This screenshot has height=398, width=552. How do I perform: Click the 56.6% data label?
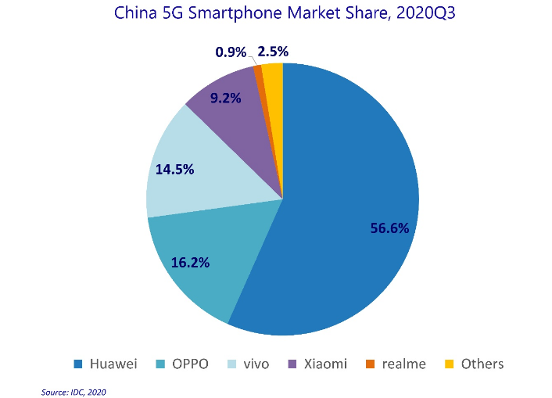coord(389,228)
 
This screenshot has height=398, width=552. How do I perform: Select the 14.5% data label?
coord(174,168)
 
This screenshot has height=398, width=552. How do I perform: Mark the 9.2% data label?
coord(225,99)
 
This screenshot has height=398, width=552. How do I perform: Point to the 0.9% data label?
coord(231,52)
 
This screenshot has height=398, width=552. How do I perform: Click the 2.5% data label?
coord(273,52)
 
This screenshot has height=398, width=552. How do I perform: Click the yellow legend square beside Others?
coord(449,364)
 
